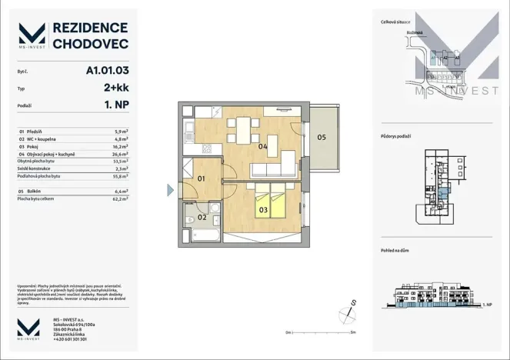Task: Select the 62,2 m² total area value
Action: click(120, 198)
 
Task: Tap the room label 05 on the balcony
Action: click(322, 138)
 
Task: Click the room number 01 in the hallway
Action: click(202, 179)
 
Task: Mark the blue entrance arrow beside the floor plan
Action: click(171, 189)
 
